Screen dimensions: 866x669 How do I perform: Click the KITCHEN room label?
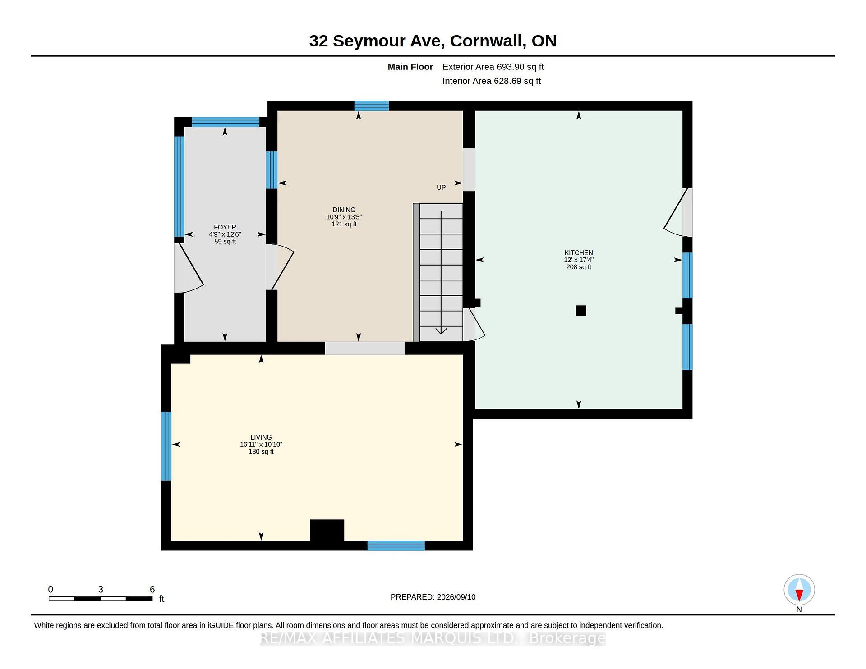tap(579, 253)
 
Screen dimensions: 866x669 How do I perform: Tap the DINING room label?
tap(344, 210)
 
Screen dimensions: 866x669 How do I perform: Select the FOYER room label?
tap(225, 227)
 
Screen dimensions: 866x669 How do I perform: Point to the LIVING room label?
tap(261, 437)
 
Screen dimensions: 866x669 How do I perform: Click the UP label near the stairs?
tap(441, 188)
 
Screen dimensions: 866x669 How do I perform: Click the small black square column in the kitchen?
tap(581, 311)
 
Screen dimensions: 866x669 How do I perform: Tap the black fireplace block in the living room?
tap(327, 530)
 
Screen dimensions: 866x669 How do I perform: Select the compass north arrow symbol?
tap(799, 590)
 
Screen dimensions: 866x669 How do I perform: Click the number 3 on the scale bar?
tap(101, 589)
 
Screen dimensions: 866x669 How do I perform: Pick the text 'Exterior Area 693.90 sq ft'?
tap(493, 67)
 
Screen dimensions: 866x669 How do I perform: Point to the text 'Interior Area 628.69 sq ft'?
tap(492, 81)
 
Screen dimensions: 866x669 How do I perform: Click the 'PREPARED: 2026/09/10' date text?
tap(433, 597)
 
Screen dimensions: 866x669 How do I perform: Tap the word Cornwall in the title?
tap(488, 41)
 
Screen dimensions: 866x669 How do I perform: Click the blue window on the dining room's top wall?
tap(372, 106)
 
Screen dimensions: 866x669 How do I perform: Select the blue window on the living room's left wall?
tap(166, 446)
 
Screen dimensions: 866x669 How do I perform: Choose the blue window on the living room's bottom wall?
tap(396, 545)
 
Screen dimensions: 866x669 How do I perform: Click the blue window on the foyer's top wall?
tap(226, 122)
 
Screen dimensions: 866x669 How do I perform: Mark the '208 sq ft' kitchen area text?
tap(579, 267)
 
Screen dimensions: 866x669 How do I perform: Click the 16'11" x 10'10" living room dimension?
tap(261, 444)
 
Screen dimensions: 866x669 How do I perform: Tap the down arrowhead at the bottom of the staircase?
tap(441, 331)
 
